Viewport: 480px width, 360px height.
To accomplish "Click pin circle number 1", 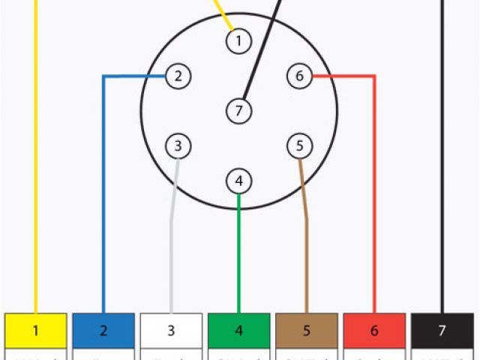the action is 238,40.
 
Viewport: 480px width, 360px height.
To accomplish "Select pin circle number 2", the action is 178,76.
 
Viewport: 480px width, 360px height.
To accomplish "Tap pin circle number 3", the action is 178,145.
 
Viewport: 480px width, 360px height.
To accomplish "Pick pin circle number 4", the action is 238,181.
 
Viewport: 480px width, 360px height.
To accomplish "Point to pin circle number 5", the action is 299,145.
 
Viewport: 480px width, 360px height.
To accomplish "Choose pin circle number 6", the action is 299,76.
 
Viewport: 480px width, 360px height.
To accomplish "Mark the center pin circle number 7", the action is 238,111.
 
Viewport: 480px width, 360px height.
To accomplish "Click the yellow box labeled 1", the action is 35,330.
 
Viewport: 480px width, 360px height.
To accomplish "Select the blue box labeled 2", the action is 103,330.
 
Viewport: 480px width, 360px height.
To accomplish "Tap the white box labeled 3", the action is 171,330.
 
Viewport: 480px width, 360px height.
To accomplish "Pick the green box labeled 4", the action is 238,330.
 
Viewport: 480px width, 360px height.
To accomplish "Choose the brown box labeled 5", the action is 307,330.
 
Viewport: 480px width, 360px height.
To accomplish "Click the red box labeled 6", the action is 374,330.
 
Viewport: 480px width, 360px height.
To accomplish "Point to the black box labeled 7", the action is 442,330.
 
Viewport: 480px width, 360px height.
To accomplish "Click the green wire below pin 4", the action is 238,255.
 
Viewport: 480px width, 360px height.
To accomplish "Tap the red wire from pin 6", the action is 374,195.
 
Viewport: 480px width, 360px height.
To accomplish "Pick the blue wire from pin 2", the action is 103,195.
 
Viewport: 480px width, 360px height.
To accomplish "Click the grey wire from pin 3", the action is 172,255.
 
